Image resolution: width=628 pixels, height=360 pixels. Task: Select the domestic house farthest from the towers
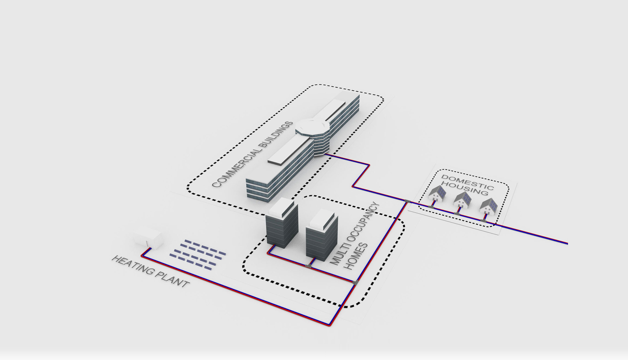(489, 207)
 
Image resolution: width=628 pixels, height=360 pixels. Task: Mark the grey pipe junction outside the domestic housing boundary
(407, 201)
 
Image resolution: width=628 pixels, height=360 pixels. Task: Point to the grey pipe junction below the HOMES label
(356, 282)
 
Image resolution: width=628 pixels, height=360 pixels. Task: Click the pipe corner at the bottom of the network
(330, 325)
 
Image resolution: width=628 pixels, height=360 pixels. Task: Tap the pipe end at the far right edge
(567, 243)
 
